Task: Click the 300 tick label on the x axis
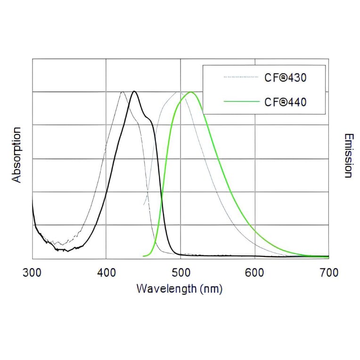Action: (33, 273)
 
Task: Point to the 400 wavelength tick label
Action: (106, 273)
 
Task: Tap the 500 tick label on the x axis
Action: (180, 273)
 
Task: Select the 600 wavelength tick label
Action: (254, 273)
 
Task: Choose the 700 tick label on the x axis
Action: (328, 273)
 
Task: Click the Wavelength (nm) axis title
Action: (179, 288)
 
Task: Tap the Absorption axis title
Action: (17, 155)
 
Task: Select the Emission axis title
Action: (348, 155)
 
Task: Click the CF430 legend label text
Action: (286, 77)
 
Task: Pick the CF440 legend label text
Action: (286, 101)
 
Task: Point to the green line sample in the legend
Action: (241, 101)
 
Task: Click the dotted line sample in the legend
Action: (241, 76)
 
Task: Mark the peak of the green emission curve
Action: (191, 92)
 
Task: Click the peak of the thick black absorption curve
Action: (134, 91)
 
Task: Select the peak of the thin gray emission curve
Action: (179, 92)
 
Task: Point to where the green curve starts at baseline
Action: (144, 256)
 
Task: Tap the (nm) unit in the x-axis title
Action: (210, 288)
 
